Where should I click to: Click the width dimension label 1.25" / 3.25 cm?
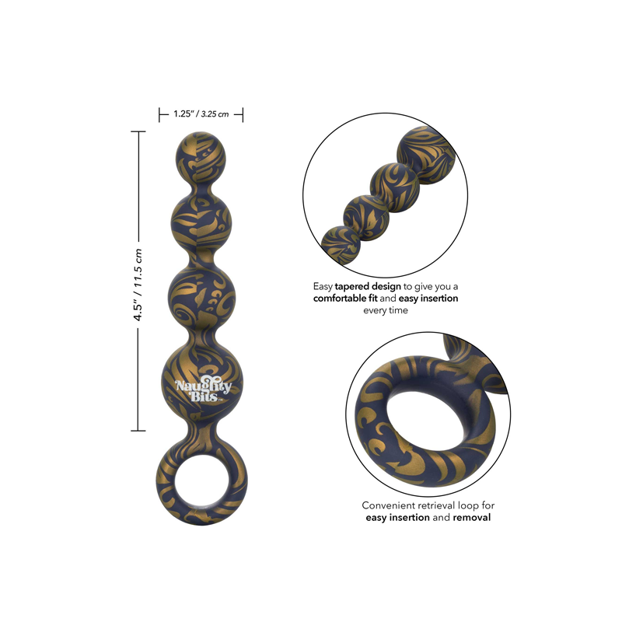coord(201,114)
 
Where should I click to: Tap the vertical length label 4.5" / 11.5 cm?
coord(138,285)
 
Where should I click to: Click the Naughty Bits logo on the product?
coord(203,391)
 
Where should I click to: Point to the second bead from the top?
coord(201,220)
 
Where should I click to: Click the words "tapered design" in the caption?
coord(368,286)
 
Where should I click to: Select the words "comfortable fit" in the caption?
coord(345,299)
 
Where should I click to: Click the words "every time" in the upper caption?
coord(386,310)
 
